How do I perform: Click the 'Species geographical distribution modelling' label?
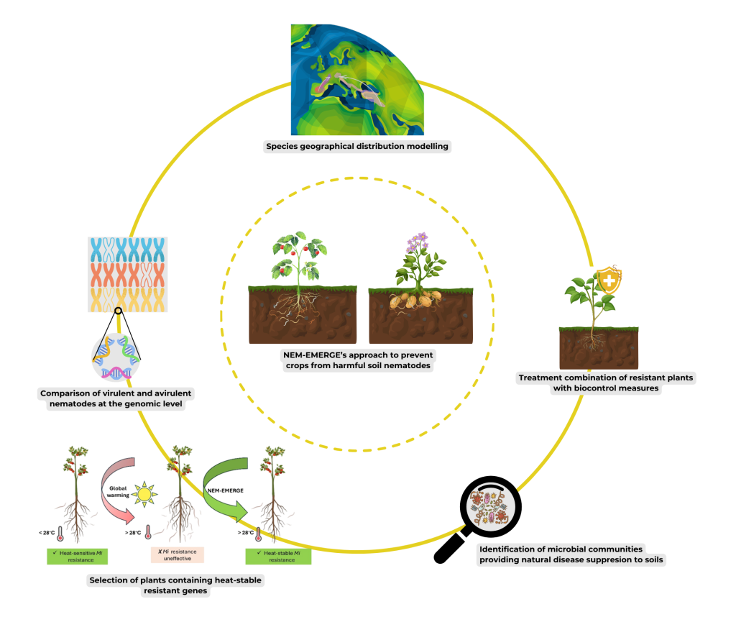357,147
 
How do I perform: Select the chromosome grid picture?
128,274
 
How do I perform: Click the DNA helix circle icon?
115,356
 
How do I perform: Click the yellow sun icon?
146,495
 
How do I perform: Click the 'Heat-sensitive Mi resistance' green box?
77,556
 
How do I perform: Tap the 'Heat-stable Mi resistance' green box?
279,556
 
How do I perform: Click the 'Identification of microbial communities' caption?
571,554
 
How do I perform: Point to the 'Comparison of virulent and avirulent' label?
116,399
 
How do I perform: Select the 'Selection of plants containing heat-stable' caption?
175,585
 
